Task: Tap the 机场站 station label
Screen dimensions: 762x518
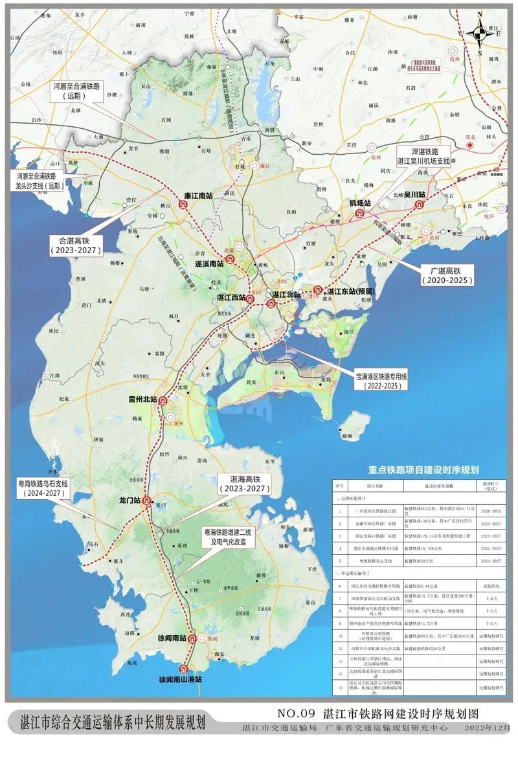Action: coord(359,203)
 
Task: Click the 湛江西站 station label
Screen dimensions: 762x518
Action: coord(232,298)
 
